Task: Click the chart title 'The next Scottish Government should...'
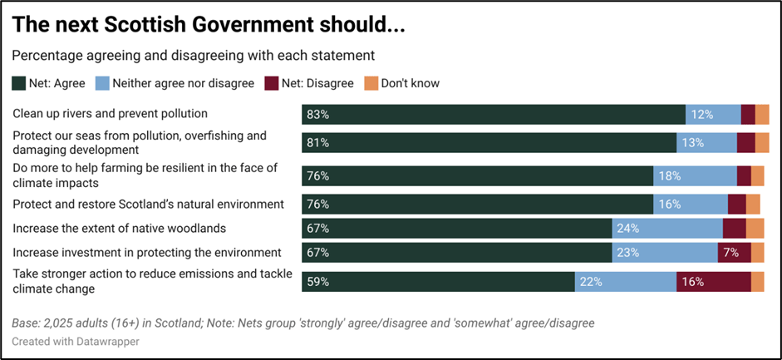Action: [x=208, y=24]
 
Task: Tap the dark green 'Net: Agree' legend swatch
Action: [x=18, y=83]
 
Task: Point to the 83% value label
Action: [x=318, y=115]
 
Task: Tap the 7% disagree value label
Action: [x=730, y=254]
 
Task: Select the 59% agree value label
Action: [x=318, y=282]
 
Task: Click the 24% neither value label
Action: [x=628, y=229]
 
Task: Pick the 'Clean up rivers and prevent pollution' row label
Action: [x=110, y=113]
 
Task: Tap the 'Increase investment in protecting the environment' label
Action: [x=147, y=252]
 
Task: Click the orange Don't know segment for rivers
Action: [x=762, y=115]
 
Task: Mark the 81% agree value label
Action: [x=318, y=143]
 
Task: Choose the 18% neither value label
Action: [x=669, y=175]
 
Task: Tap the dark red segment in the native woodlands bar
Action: [x=734, y=229]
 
